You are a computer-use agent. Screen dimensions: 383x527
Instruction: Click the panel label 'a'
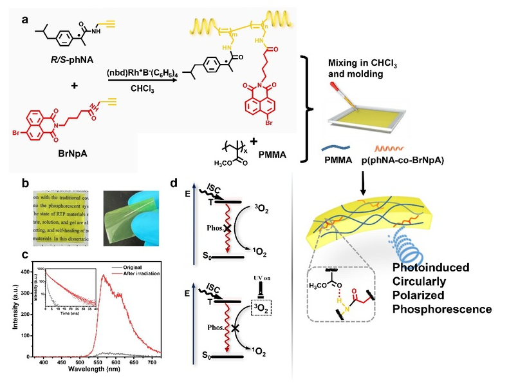25,19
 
